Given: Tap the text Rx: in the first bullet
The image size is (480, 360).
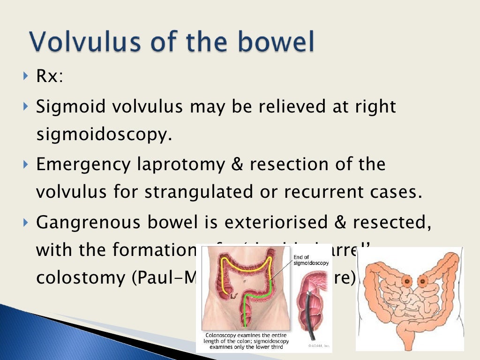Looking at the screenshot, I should pos(49,76).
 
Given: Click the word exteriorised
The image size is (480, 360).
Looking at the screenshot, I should pos(274,222).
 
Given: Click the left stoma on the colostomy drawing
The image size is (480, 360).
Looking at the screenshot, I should pos(406,282).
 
